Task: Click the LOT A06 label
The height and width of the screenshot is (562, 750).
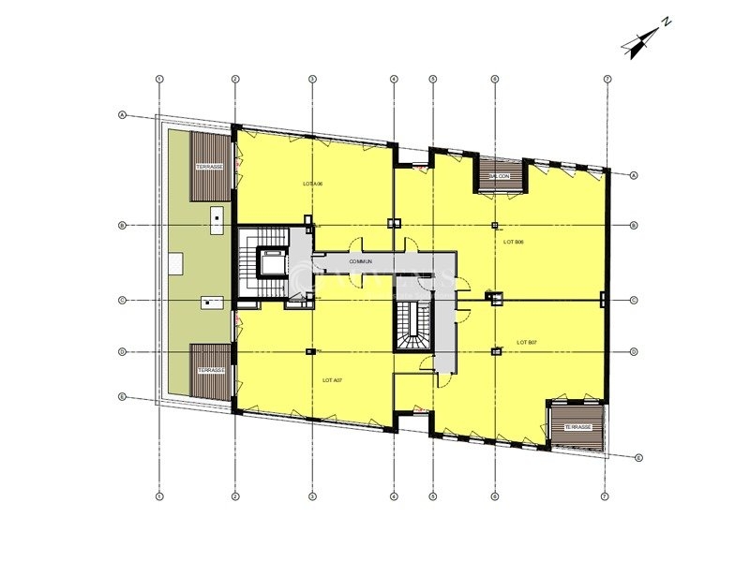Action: pyautogui.click(x=313, y=184)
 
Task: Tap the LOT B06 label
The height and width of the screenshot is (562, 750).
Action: pyautogui.click(x=513, y=242)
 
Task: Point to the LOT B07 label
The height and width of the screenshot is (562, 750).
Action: pyautogui.click(x=526, y=343)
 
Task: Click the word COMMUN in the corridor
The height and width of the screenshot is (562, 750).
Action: pyautogui.click(x=362, y=261)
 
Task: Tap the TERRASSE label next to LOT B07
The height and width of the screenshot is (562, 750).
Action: pyautogui.click(x=577, y=427)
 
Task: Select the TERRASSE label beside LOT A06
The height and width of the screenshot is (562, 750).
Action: pyautogui.click(x=209, y=167)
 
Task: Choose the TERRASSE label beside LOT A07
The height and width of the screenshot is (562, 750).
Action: pyautogui.click(x=210, y=370)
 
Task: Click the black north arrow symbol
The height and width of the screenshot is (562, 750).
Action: pyautogui.click(x=641, y=43)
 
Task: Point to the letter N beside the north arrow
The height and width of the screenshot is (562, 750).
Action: pyautogui.click(x=665, y=21)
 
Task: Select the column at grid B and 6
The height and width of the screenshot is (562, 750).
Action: pyautogui.click(x=495, y=225)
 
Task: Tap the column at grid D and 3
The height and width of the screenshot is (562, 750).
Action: pyautogui.click(x=311, y=352)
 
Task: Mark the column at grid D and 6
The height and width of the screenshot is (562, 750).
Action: pyautogui.click(x=495, y=352)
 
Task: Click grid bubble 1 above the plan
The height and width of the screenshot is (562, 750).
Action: pyautogui.click(x=160, y=78)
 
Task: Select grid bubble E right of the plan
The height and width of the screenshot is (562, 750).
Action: pyautogui.click(x=638, y=458)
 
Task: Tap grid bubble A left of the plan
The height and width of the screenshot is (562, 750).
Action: pyautogui.click(x=123, y=115)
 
